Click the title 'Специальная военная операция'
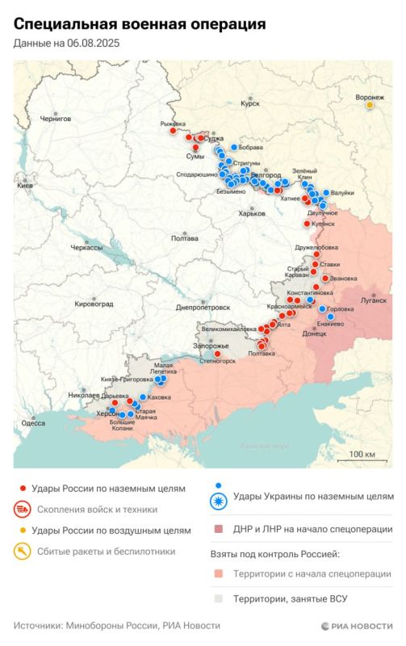pyautogui.click(x=139, y=25)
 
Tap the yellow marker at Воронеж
pyautogui.click(x=370, y=104)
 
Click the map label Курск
pyautogui.click(x=250, y=103)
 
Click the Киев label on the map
pyautogui.click(x=24, y=185)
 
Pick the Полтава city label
pyautogui.click(x=185, y=238)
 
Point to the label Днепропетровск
pyautogui.click(x=203, y=307)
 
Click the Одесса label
pyautogui.click(x=33, y=422)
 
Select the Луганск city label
pyautogui.click(x=374, y=300)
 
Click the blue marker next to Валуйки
pyautogui.click(x=326, y=193)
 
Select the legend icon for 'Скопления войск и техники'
pyautogui.click(x=23, y=510)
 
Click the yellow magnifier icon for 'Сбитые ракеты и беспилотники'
pyautogui.click(x=23, y=552)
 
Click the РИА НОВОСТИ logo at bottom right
pyautogui.click(x=356, y=626)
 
